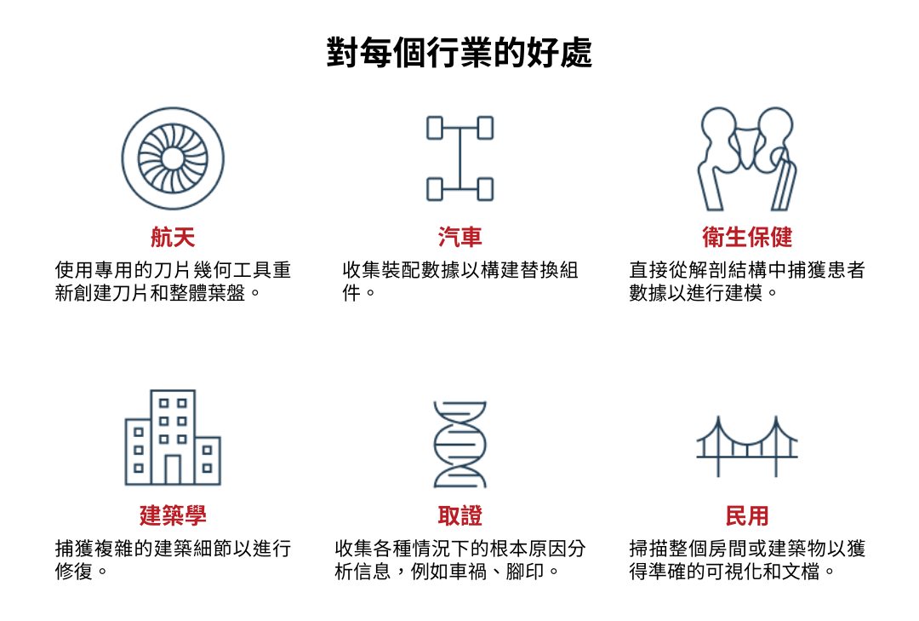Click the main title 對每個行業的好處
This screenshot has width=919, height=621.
click(459, 53)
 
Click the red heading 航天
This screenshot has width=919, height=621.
click(173, 236)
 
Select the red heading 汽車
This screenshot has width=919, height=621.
click(459, 236)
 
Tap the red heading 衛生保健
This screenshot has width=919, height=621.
click(747, 236)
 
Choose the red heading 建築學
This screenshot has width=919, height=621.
click(173, 515)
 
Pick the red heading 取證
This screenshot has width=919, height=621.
click(459, 515)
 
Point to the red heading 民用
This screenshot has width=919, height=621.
click(747, 515)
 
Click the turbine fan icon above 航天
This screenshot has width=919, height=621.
click(173, 158)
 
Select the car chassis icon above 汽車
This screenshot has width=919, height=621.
click(459, 158)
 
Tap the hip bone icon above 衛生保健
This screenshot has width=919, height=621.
click(747, 158)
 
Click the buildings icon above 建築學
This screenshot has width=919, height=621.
click(173, 438)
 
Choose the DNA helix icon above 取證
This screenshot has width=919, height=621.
click(459, 443)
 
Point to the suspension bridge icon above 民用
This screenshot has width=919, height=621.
click(747, 446)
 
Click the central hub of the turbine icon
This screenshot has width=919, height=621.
click(173, 158)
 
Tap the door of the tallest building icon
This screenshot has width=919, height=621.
click(173, 469)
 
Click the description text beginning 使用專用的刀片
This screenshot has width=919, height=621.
click(173, 282)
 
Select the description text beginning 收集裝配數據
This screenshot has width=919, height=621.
click(459, 282)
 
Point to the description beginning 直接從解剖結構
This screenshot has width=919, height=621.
click(747, 282)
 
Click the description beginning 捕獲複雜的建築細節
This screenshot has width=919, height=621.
click(173, 560)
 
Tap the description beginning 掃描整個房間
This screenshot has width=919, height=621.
click(747, 560)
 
